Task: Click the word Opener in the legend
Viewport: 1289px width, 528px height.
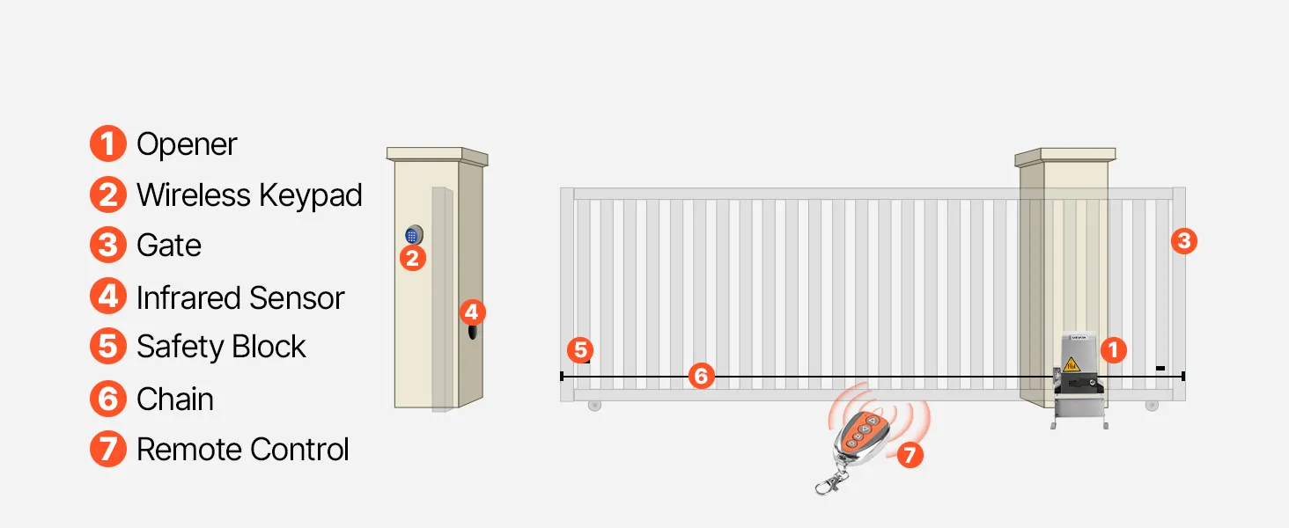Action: (x=187, y=144)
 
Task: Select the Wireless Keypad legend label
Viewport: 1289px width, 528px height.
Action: (x=249, y=195)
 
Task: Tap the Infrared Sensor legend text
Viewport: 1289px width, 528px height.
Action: (x=240, y=298)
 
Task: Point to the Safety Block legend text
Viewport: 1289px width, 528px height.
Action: (x=221, y=346)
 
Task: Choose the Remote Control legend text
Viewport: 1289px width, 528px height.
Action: (x=242, y=449)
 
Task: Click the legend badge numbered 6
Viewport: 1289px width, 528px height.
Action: (x=108, y=399)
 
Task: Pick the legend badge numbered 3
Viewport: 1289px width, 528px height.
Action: (x=108, y=245)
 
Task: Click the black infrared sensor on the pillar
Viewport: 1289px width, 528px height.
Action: (x=473, y=332)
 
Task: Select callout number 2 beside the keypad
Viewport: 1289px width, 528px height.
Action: (x=413, y=258)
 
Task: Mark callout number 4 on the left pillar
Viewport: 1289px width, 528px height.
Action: (x=473, y=312)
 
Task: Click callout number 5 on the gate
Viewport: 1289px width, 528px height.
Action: (x=580, y=349)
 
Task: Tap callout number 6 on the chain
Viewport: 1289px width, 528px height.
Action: (x=702, y=376)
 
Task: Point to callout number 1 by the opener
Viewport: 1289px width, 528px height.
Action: (x=1114, y=349)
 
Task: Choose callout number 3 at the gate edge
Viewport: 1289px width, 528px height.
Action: (x=1184, y=241)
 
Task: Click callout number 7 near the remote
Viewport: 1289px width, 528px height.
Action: (x=910, y=455)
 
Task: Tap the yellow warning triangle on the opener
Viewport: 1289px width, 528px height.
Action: (x=1072, y=364)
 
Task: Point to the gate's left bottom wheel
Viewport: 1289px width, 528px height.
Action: (x=594, y=406)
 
